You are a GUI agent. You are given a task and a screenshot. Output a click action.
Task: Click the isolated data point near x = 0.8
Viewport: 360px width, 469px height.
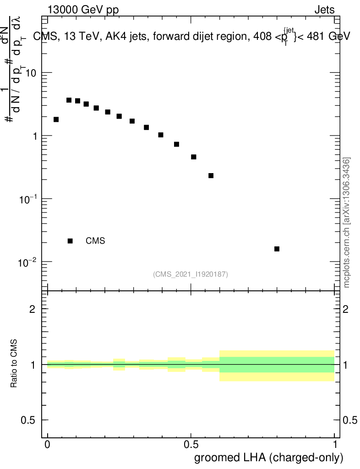point(277,249)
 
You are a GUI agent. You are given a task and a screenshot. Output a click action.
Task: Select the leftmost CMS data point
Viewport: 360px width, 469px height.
point(56,120)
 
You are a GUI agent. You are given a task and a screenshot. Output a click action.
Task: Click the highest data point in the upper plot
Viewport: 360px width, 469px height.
point(69,100)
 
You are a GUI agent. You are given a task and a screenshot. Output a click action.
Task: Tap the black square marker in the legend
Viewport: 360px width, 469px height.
point(70,241)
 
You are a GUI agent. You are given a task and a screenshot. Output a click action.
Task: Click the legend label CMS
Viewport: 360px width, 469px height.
point(95,241)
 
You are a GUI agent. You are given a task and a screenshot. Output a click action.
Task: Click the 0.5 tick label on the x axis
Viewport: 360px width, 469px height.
point(191,445)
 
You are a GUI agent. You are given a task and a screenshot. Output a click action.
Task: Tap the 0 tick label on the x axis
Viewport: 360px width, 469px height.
point(48,445)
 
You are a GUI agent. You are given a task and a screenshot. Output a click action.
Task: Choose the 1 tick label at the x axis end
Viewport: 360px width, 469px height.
point(335,445)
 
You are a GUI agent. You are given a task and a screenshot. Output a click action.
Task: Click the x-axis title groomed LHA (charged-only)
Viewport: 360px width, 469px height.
point(269,458)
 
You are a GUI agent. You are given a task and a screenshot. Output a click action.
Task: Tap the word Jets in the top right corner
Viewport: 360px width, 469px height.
point(324,10)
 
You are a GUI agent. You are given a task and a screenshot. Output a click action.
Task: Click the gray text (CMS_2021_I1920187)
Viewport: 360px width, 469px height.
point(191,274)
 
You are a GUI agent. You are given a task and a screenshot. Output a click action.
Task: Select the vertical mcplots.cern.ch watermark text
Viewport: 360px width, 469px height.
point(347,222)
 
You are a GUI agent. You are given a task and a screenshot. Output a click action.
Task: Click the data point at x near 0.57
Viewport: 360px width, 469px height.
point(211,175)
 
